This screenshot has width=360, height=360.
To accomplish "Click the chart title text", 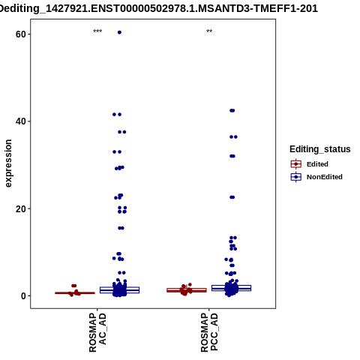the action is [158, 8].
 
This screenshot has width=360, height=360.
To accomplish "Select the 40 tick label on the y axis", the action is [21, 121].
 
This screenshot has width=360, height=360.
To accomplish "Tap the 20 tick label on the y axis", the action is [21, 208].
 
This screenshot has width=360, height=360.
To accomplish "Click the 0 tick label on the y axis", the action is [24, 296].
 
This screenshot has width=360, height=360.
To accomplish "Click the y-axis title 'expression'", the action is [8, 163].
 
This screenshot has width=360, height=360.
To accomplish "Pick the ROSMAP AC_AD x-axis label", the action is [97, 332].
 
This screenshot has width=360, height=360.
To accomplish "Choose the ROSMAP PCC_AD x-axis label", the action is [209, 332].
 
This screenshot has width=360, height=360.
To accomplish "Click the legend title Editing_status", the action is [320, 149].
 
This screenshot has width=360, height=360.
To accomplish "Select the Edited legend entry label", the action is [317, 164].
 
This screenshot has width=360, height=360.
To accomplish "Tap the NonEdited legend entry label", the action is [325, 177].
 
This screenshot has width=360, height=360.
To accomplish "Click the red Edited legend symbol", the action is [296, 164].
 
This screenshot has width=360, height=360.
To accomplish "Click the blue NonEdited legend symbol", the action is [296, 177].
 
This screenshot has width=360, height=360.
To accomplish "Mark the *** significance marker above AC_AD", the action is [97, 31].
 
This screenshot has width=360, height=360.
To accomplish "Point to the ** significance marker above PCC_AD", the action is [209, 31].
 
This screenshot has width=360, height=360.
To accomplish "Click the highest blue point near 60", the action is [119, 32].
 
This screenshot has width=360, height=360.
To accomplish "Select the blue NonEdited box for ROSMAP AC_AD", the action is [119, 290].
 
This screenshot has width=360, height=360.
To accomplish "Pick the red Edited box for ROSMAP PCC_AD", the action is [187, 290].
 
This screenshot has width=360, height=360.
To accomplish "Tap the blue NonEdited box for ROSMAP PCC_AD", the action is [231, 288].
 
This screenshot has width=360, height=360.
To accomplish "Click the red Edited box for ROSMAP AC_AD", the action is [75, 293].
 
